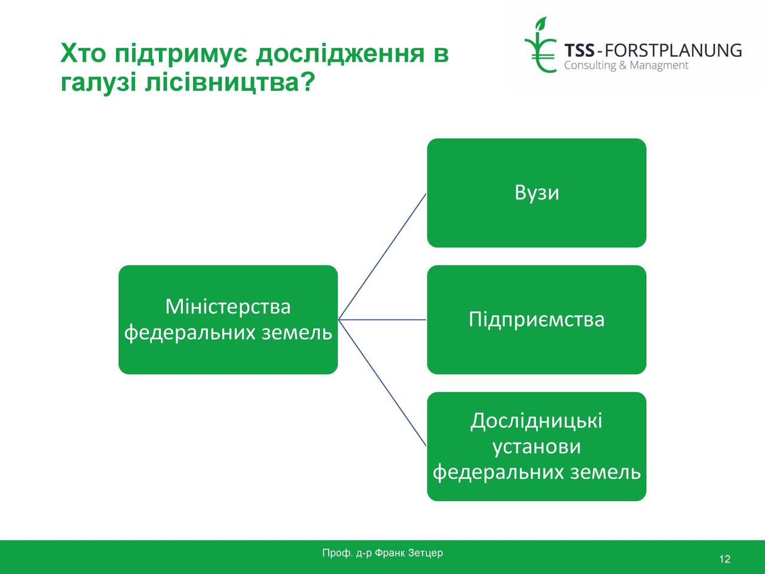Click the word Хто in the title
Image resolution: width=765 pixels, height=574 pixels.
point(83,53)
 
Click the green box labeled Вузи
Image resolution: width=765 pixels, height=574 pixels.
point(537,193)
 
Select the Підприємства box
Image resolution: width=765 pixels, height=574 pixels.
point(537,319)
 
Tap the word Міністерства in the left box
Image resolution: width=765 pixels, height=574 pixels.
point(228,307)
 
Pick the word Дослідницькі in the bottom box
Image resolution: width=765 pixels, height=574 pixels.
point(536,421)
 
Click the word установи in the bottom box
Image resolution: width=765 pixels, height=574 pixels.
point(537,447)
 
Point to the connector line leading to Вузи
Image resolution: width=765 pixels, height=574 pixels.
point(382,257)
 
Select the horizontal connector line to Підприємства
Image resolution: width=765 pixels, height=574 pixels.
point(382,319)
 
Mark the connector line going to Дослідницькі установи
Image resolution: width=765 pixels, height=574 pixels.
point(382,383)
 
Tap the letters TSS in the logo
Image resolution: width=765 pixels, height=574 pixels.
point(579,51)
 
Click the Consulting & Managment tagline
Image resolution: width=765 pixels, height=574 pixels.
point(626,66)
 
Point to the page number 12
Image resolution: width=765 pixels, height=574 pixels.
point(724,560)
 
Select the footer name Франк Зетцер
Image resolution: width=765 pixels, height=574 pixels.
point(408,553)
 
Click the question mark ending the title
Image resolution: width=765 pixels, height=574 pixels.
point(308,82)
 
